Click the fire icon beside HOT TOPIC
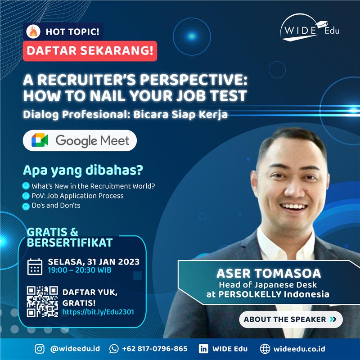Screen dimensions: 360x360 pyautogui.click(x=33, y=31)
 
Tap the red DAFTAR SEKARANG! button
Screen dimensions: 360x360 pyautogui.click(x=90, y=51)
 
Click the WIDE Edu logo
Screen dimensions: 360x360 pyautogui.click(x=310, y=27)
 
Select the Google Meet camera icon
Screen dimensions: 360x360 pyautogui.click(x=40, y=140)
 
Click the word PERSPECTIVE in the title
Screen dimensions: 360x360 pyautogui.click(x=194, y=80)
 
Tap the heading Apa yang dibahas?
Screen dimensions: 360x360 pyautogui.click(x=83, y=171)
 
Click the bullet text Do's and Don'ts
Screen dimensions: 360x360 pyautogui.click(x=56, y=205)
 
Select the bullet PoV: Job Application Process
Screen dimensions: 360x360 pyautogui.click(x=77, y=196)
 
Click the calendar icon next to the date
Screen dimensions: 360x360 pyautogui.click(x=35, y=266)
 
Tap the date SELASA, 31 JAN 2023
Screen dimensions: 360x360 pyautogui.click(x=94, y=262)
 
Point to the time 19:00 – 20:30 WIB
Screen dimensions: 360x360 pyautogui.click(x=80, y=270)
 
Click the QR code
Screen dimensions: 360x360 pyautogui.click(x=42, y=301)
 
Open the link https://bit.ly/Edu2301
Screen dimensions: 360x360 pyautogui.click(x=98, y=312)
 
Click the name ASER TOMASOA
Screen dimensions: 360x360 pyautogui.click(x=269, y=273)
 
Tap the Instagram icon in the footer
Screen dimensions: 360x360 pyautogui.click(x=40, y=349)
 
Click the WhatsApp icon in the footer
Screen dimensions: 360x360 pyautogui.click(x=114, y=349)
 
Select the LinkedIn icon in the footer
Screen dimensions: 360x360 pyautogui.click(x=203, y=349)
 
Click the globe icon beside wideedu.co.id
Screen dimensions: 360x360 pyautogui.click(x=265, y=349)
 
